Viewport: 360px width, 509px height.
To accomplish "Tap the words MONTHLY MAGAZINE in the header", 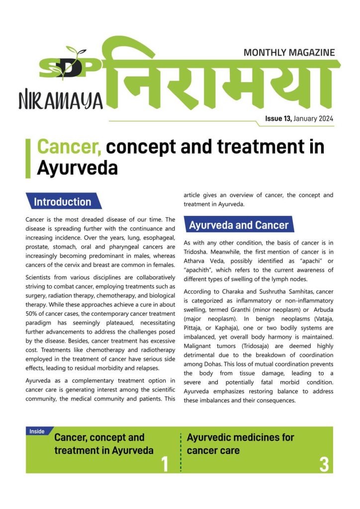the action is (x=289, y=52).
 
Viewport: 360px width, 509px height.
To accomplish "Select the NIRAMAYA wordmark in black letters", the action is (x=60, y=100).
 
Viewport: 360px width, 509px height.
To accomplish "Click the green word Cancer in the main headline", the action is (x=70, y=147).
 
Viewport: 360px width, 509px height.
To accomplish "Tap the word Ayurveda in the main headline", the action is (x=77, y=169).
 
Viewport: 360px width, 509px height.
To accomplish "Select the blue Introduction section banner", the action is (x=63, y=202).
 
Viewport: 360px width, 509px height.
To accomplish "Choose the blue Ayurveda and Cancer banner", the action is (x=238, y=225).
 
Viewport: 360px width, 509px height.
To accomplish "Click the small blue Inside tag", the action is (x=37, y=431).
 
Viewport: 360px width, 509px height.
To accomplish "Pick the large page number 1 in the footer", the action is (x=165, y=465).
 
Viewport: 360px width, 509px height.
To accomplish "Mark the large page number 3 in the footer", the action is (x=324, y=465).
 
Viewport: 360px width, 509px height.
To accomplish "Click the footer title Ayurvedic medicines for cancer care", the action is (x=240, y=444).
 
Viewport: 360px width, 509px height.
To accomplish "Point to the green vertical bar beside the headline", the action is (x=28, y=158).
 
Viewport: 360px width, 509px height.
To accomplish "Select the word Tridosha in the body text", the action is (x=198, y=251).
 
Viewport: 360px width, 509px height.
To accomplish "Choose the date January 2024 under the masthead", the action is (x=314, y=119).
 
